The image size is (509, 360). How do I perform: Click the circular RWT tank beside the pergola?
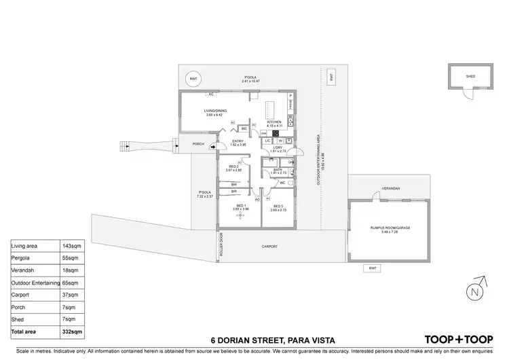[194, 78]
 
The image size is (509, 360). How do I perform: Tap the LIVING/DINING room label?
[216, 111]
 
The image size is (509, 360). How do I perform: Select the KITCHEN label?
[274, 122]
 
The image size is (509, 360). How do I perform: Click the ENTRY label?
[237, 141]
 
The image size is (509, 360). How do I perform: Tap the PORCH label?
[198, 144]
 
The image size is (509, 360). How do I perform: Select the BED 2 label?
[232, 166]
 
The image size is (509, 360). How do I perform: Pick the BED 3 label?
[278, 206]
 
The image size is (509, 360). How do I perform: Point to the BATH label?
[278, 170]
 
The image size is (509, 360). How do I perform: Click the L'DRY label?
[278, 148]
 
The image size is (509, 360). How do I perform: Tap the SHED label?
[470, 77]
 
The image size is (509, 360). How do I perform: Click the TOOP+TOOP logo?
[459, 338]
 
